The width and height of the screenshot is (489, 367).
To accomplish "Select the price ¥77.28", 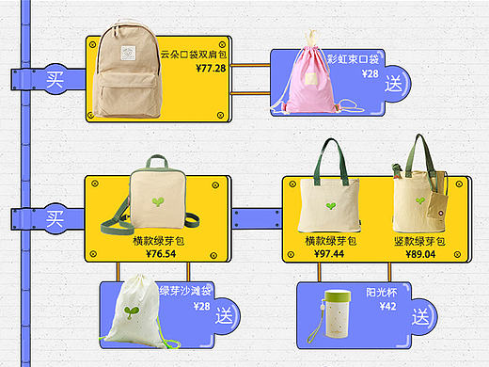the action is (211, 68).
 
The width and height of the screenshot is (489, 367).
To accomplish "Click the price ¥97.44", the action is (329, 254).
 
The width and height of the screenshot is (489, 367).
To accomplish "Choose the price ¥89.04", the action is (420, 254).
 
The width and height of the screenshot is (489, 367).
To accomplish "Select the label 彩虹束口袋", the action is (358, 59).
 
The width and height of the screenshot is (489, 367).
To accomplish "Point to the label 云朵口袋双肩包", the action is (195, 55).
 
